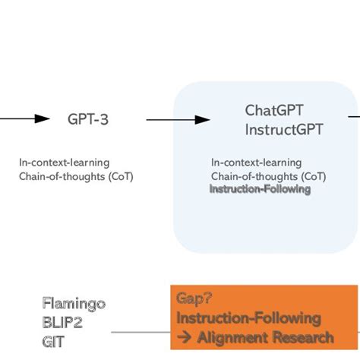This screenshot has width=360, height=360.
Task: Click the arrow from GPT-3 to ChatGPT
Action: pos(178,119)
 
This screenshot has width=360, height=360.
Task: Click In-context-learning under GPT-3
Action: pos(64,163)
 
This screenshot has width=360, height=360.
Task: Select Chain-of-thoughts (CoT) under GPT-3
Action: pos(77,176)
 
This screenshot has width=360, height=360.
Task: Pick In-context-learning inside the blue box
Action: pos(256,163)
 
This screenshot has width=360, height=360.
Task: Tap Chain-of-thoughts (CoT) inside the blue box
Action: pos(269,176)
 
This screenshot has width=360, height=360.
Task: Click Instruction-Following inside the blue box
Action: pos(260,189)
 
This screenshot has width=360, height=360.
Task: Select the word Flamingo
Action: pos(74,304)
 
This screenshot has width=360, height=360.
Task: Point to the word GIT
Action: pos(53,334)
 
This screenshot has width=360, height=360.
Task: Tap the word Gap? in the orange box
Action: pos(194,298)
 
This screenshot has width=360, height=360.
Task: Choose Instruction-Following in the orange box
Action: pos(248,317)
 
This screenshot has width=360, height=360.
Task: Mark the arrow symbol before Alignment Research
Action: pos(185,337)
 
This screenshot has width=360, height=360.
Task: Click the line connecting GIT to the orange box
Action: pos(141,333)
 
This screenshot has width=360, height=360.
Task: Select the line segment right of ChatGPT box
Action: pos(354,117)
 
